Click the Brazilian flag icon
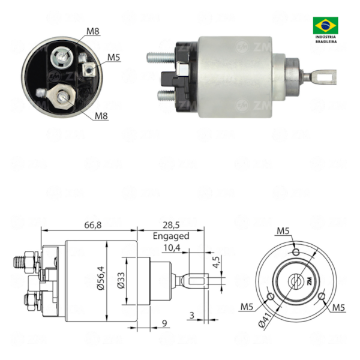tap(325, 25)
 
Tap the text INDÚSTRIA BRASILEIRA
tap(326, 40)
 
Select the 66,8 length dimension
tap(92, 224)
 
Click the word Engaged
tap(171, 236)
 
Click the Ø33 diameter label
tap(121, 280)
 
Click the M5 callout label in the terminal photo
tap(114, 58)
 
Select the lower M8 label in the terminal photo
tap(101, 116)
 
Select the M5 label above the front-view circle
tap(284, 231)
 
